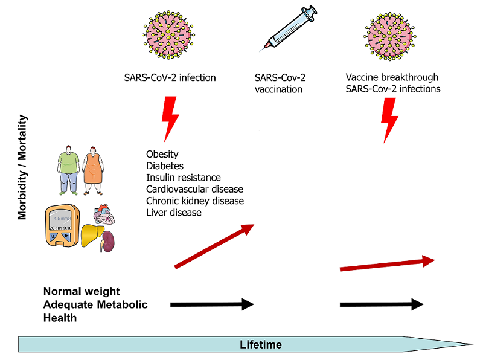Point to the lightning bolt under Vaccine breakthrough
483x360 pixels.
click(x=391, y=119)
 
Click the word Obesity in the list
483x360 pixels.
click(x=162, y=155)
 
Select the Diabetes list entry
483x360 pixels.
click(x=165, y=166)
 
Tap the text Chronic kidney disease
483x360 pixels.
click(x=195, y=201)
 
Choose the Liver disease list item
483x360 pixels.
click(x=174, y=213)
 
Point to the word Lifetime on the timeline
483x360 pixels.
click(x=260, y=345)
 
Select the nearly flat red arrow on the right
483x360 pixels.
click(x=387, y=264)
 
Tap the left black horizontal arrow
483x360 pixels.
click(x=212, y=304)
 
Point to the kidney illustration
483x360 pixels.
click(x=109, y=243)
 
